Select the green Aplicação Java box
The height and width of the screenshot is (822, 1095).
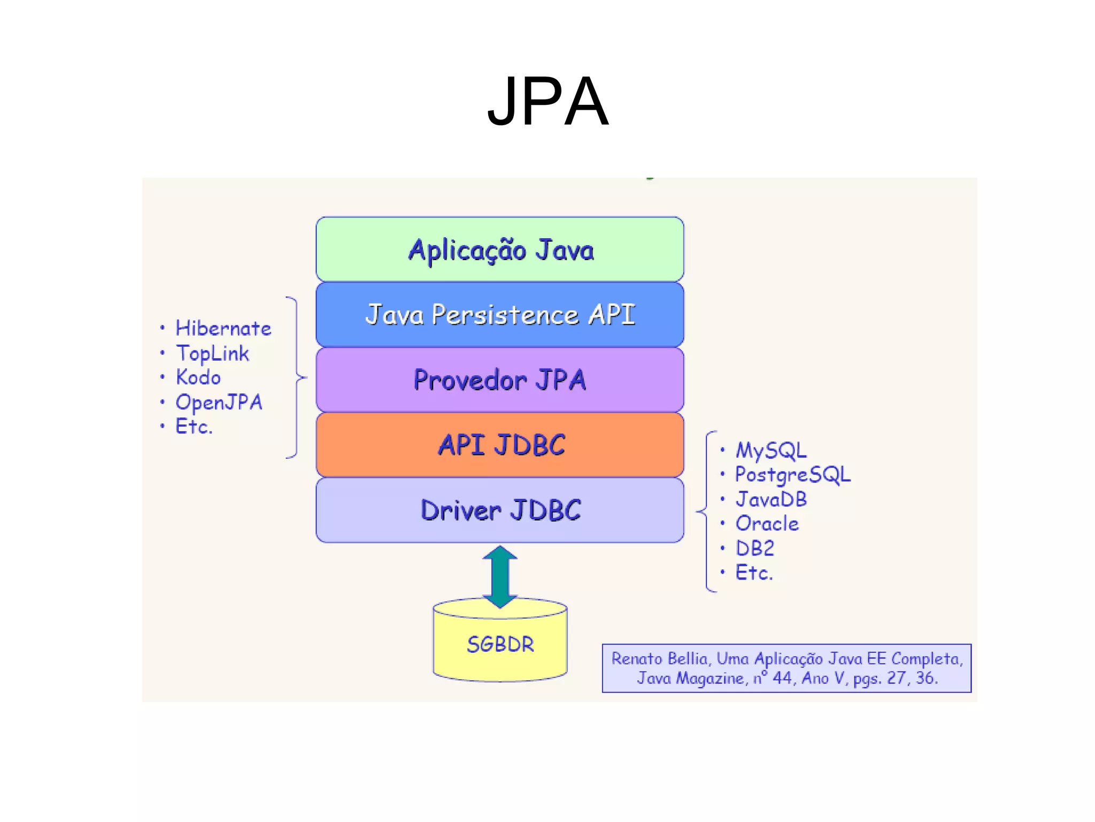pos(500,249)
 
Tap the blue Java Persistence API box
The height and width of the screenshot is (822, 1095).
pos(500,315)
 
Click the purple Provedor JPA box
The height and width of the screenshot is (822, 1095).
pos(500,380)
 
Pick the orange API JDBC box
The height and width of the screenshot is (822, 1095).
pos(500,445)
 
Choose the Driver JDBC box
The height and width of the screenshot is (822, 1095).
pos(500,510)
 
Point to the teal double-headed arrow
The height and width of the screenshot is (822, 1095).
pos(500,576)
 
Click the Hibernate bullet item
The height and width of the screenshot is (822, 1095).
pos(223,329)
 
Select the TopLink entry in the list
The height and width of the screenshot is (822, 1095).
pos(213,353)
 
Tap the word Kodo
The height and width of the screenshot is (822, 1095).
pos(198,378)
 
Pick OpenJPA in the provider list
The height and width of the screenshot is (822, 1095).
pos(219,402)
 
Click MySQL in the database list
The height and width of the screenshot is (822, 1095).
pos(771,450)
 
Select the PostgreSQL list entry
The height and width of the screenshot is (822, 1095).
pos(792,475)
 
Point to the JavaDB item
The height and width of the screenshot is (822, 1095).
pos(771,499)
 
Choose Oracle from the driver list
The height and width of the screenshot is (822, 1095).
pos(767,523)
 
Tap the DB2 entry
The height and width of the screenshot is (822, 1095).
pos(755,548)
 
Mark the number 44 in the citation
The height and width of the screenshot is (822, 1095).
pos(782,678)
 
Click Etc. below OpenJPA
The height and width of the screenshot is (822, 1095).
pos(194,427)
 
